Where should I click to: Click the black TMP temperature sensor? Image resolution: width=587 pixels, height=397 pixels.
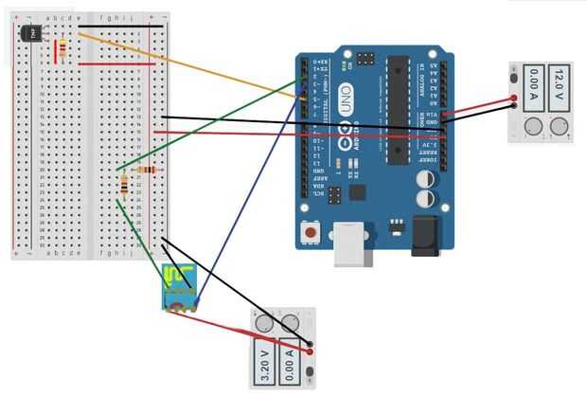tap(27, 35)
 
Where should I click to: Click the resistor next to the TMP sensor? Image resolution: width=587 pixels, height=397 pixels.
tap(62, 46)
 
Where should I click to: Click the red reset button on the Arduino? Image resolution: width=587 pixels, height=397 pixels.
tap(309, 230)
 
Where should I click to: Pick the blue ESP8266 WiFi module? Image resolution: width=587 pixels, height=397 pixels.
tap(180, 285)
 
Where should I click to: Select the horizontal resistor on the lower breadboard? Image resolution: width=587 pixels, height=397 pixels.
tap(147, 171)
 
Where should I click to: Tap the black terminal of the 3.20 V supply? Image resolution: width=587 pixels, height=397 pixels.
tap(309, 343)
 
